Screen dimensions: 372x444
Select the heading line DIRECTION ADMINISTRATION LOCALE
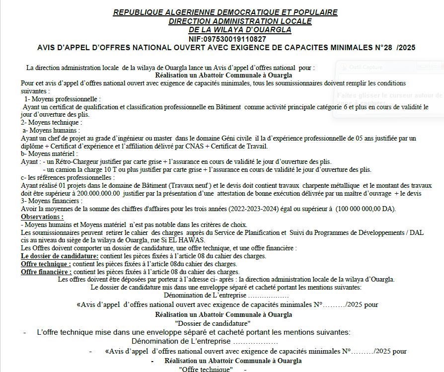click(x=240, y=21)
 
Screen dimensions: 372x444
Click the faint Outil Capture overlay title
click(x=365, y=67)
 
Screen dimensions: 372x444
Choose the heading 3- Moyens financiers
click(x=52, y=201)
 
